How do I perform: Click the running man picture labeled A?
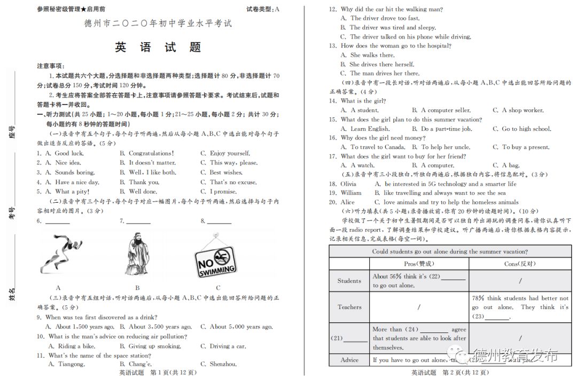click(59, 254)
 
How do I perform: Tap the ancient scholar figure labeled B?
click(138, 253)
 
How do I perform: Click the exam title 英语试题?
click(158, 47)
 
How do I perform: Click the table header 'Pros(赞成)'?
click(419, 264)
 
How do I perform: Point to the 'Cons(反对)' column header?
click(520, 264)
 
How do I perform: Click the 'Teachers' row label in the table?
click(349, 307)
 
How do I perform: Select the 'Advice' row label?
click(349, 360)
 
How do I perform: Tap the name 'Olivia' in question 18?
click(348, 184)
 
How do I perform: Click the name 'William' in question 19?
click(351, 193)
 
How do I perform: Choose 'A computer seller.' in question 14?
click(446, 110)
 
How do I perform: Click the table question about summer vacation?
click(450, 252)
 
